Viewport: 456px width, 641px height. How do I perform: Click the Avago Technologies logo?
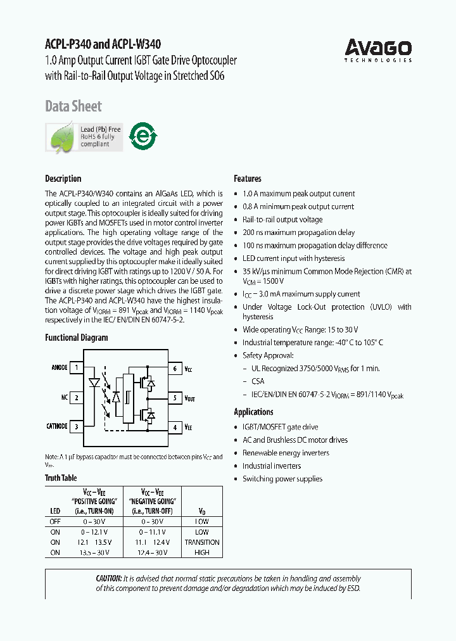pyautogui.click(x=378, y=50)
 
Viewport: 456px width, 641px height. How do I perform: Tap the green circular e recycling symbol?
pyautogui.click(x=143, y=136)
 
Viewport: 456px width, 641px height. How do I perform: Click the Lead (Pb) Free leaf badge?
pyautogui.click(x=84, y=137)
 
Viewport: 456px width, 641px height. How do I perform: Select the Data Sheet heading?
pyautogui.click(x=73, y=106)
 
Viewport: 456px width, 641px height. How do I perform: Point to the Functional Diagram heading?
pyautogui.click(x=77, y=338)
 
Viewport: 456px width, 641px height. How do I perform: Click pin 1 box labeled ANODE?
pyautogui.click(x=77, y=368)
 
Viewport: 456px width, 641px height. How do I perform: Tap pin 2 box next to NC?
pyautogui.click(x=77, y=398)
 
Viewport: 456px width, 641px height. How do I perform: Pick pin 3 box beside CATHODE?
pyautogui.click(x=77, y=427)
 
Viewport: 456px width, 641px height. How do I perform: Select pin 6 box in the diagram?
pyautogui.click(x=175, y=368)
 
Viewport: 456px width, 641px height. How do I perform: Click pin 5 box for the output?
pyautogui.click(x=175, y=398)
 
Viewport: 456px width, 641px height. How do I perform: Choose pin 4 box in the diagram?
pyautogui.click(x=175, y=427)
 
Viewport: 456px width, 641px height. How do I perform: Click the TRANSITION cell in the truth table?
pyautogui.click(x=202, y=542)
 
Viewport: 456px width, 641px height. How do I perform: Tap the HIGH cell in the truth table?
pyautogui.click(x=202, y=552)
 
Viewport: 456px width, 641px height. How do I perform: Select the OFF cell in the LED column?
pyautogui.click(x=55, y=522)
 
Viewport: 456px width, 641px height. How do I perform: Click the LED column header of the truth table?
pyautogui.click(x=55, y=511)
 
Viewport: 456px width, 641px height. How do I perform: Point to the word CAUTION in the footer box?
pyautogui.click(x=109, y=578)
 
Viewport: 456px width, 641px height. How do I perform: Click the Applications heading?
pyautogui.click(x=253, y=412)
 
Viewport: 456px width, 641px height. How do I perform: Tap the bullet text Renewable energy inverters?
pyautogui.click(x=286, y=453)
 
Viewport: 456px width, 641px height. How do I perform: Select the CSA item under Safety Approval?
pyautogui.click(x=258, y=381)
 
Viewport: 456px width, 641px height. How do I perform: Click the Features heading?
pyautogui.click(x=248, y=179)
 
